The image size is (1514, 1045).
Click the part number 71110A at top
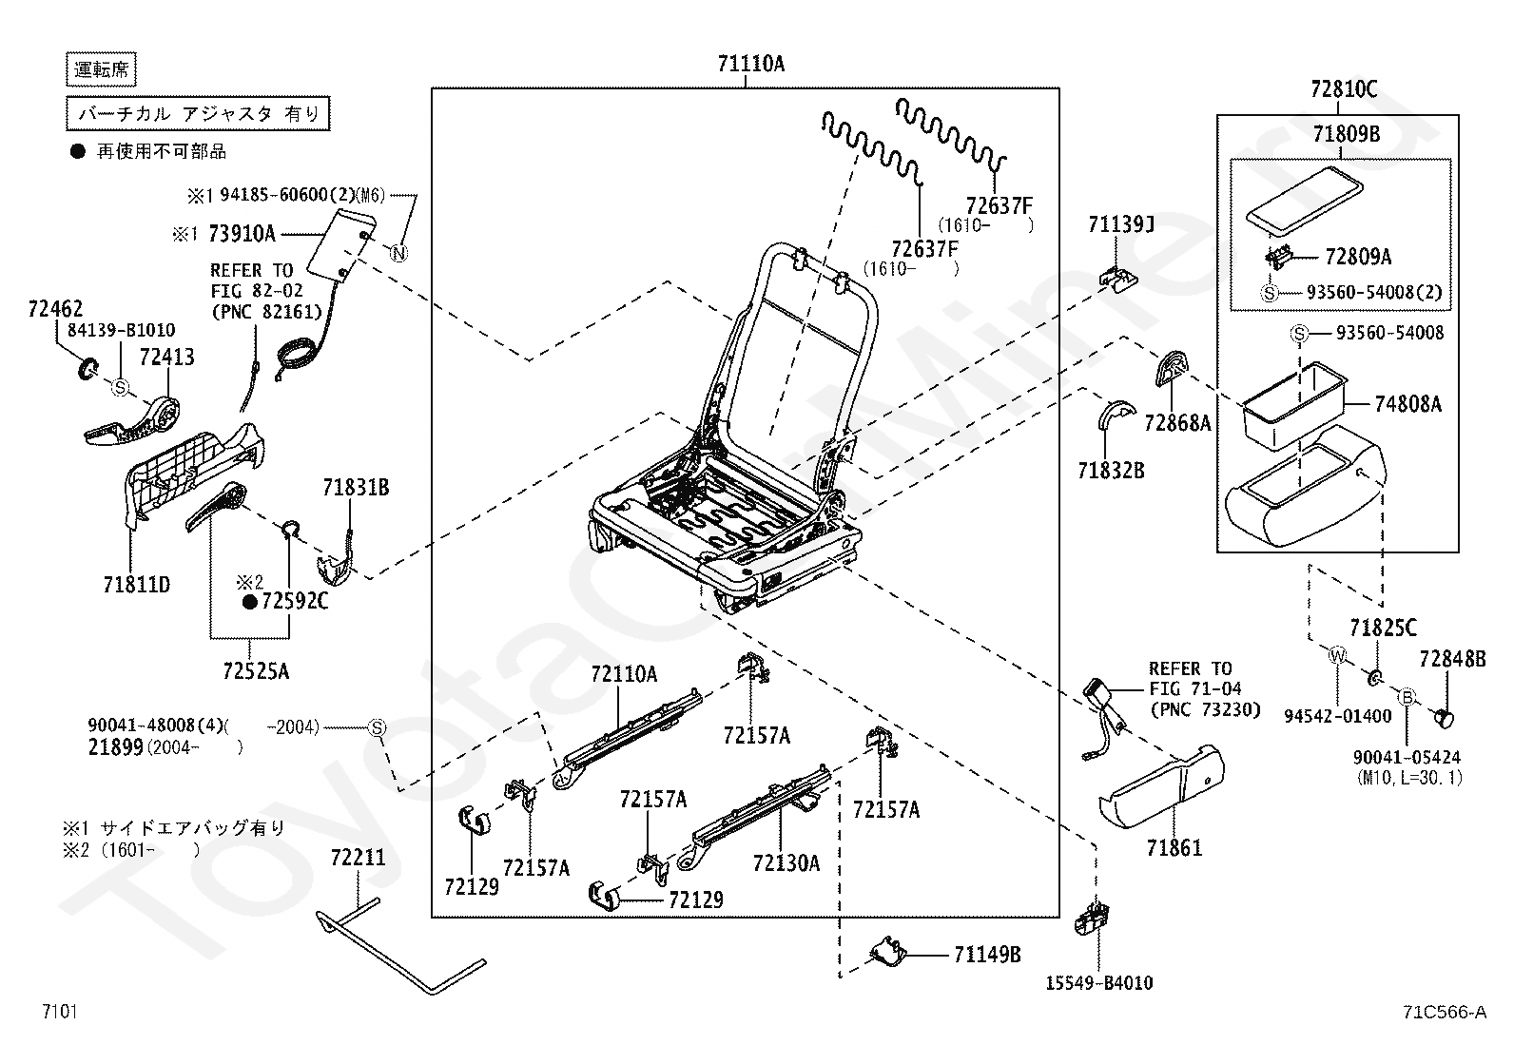[x=751, y=65]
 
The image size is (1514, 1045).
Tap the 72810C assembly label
[x=1343, y=90]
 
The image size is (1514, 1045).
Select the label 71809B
[x=1347, y=135]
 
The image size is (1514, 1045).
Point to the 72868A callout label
[x=1177, y=423]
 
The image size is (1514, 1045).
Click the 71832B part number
[x=1111, y=470]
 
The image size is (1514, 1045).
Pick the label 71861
[x=1174, y=848]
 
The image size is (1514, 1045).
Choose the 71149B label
[x=987, y=955]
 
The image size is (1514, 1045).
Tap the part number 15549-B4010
[x=1101, y=983]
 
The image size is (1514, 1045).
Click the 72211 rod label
[x=359, y=858]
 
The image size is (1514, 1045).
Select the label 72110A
[x=624, y=675]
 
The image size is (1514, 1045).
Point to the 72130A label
[x=786, y=863]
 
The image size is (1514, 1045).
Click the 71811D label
[x=137, y=585]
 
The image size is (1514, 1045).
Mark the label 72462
[x=55, y=309]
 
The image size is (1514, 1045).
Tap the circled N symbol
[x=398, y=252]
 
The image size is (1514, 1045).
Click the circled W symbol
[x=1337, y=655]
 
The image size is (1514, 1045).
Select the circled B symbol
[x=1407, y=697]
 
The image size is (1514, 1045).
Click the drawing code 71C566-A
[x=1444, y=1013]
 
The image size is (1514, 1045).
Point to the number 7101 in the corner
[x=59, y=1012]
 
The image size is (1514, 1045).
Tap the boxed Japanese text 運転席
[x=103, y=68]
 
